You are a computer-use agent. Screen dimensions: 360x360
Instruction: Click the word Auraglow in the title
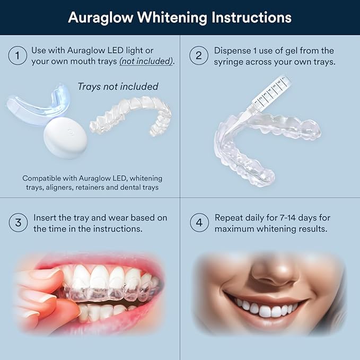(100, 17)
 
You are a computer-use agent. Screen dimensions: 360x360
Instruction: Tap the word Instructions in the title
(251, 17)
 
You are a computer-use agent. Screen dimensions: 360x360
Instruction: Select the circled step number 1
(17, 56)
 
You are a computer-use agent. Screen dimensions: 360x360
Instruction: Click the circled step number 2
(199, 56)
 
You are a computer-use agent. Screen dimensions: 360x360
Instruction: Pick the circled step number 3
(17, 223)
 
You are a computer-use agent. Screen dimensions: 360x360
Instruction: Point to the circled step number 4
(199, 223)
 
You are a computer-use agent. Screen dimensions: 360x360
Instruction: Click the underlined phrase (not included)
(146, 61)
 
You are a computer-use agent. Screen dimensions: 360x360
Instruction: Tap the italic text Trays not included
(118, 86)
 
